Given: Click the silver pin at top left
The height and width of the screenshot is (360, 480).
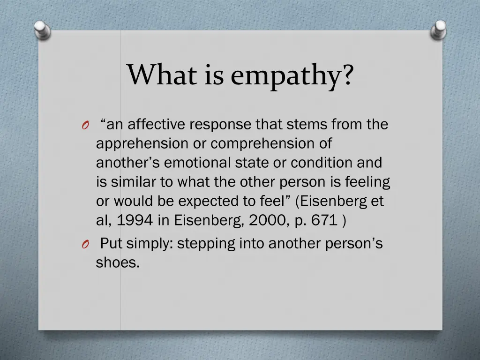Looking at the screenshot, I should point(42,31).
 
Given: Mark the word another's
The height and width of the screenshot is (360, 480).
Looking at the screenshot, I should point(127,163).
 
